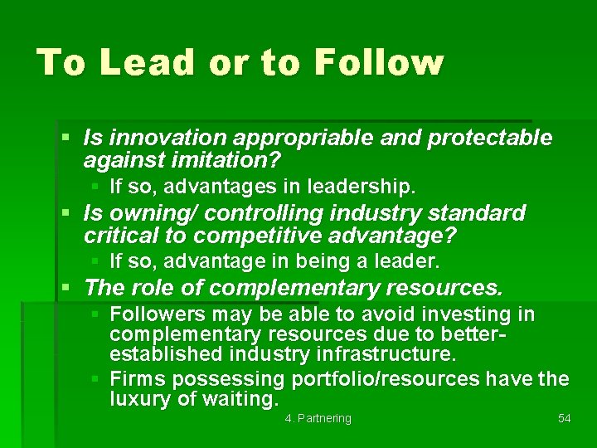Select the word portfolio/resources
386,379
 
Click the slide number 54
564,418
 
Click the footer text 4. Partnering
318,418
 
